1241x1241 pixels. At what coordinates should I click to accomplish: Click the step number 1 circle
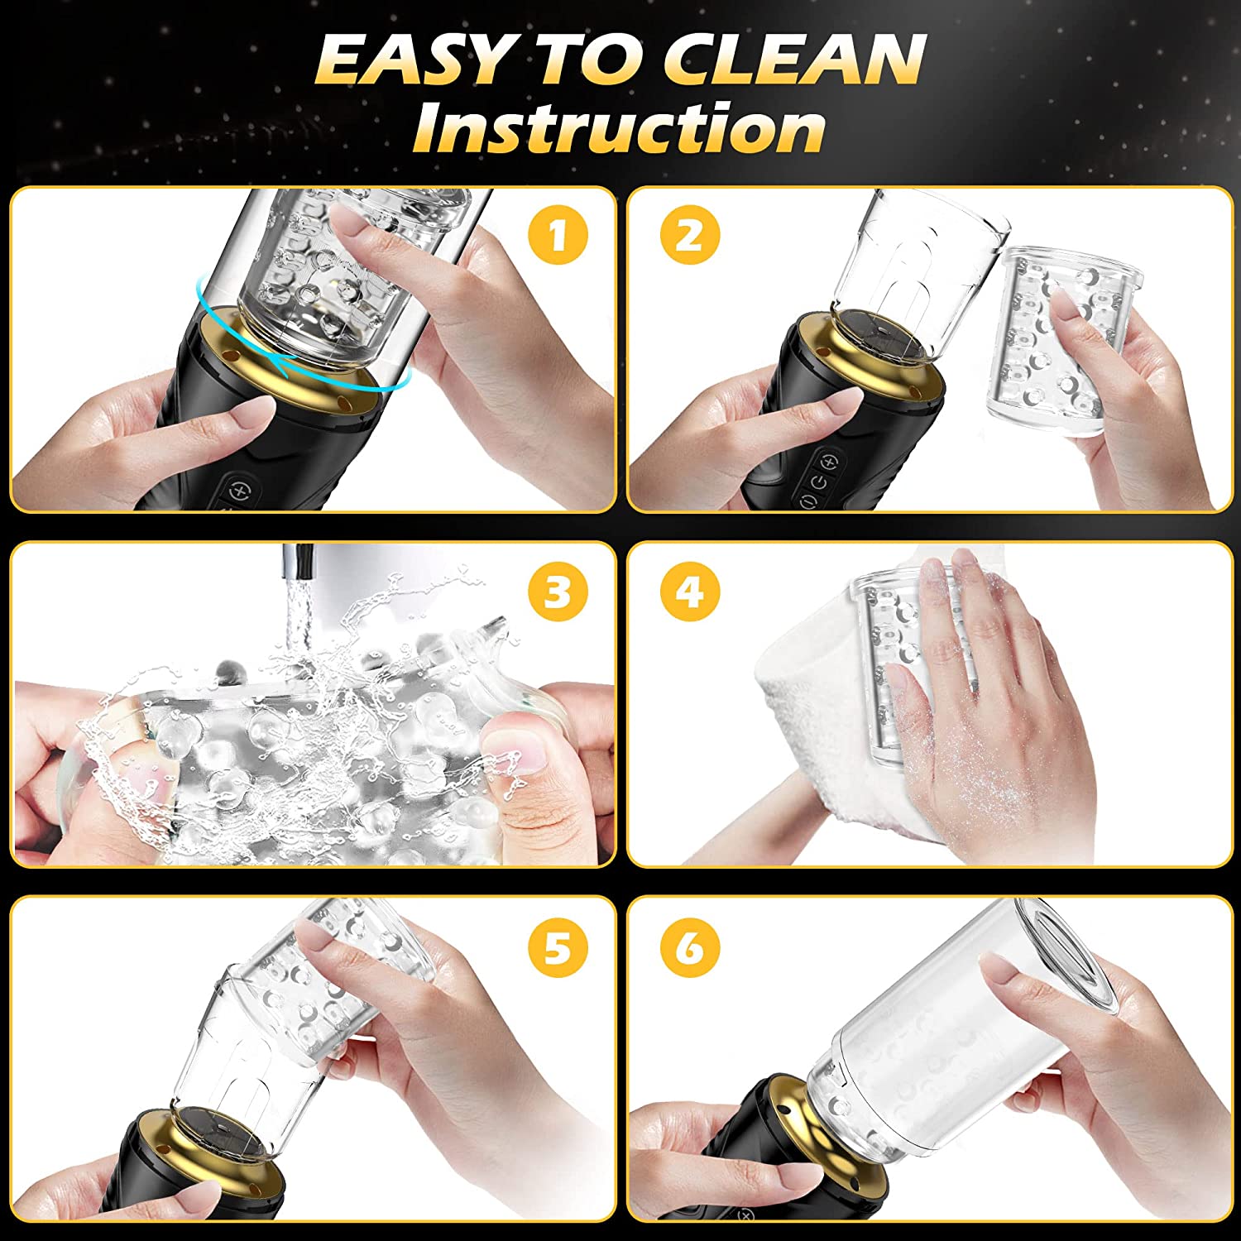pyautogui.click(x=558, y=235)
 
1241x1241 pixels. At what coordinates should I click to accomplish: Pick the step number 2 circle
pyautogui.click(x=690, y=235)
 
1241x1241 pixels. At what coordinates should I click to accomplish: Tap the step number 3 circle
pyautogui.click(x=558, y=592)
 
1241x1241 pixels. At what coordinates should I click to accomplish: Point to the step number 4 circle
pyautogui.click(x=690, y=592)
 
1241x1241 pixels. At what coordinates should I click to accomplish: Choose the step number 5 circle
pyautogui.click(x=558, y=948)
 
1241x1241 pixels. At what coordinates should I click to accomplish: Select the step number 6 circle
pyautogui.click(x=690, y=948)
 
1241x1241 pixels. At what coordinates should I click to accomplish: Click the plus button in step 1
pyautogui.click(x=240, y=488)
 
